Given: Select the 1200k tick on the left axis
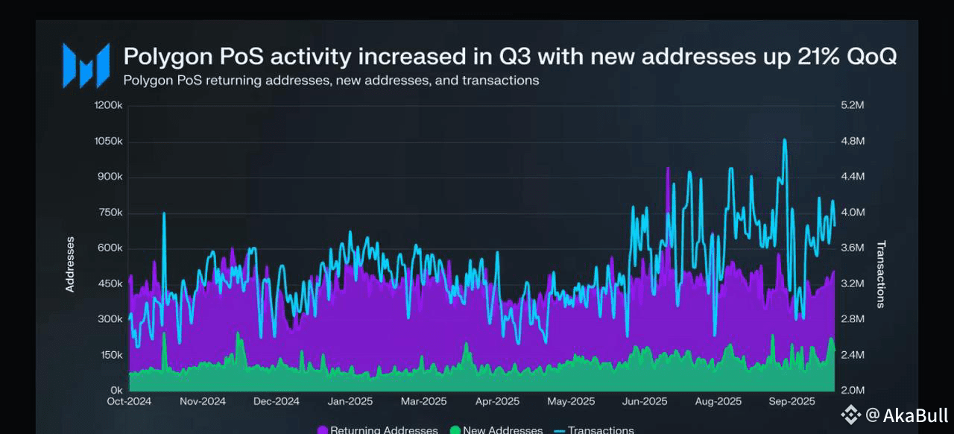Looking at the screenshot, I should tap(109, 105).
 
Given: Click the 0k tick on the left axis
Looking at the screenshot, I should tap(116, 390).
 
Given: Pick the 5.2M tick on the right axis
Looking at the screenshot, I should tap(853, 105).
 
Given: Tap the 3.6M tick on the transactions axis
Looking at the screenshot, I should tap(853, 248).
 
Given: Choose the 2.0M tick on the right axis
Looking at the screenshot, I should tap(853, 390).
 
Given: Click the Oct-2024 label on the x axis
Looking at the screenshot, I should tap(129, 401).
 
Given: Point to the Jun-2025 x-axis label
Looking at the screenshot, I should tap(645, 401).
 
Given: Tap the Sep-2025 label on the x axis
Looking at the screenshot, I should tap(792, 401).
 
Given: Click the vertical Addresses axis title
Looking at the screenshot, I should tap(70, 264).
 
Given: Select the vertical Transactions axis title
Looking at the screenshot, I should tap(880, 274).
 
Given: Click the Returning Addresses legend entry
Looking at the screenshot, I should tap(378, 430).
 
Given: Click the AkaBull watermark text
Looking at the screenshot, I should tap(916, 415).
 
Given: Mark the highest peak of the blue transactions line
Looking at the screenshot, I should tap(784, 139).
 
